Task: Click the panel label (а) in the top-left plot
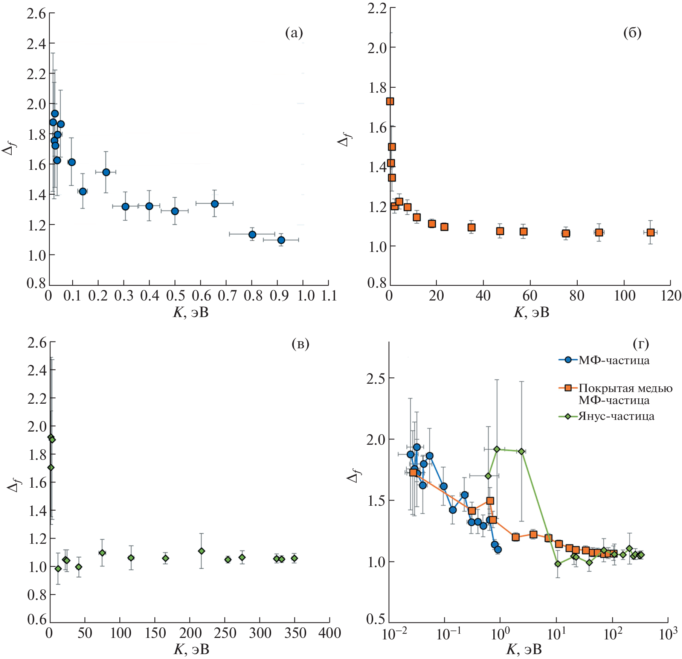pos(294,33)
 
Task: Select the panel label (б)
pos(632,33)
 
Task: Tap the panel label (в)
pos(300,344)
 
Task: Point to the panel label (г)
pos(641,344)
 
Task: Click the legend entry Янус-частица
pos(616,416)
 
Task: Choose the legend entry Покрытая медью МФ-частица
pos(625,394)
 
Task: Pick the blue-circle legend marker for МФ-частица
pos(569,360)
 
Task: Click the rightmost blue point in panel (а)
pos(281,240)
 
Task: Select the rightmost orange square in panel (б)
pos(650,232)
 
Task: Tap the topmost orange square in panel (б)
pos(390,101)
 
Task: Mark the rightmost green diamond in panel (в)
pos(294,558)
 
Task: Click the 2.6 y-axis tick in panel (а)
pos(36,14)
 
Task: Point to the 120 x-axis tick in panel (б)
pos(671,296)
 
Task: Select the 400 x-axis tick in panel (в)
pos(330,633)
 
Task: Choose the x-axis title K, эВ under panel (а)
pos(191,312)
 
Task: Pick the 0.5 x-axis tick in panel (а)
pos(175,296)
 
